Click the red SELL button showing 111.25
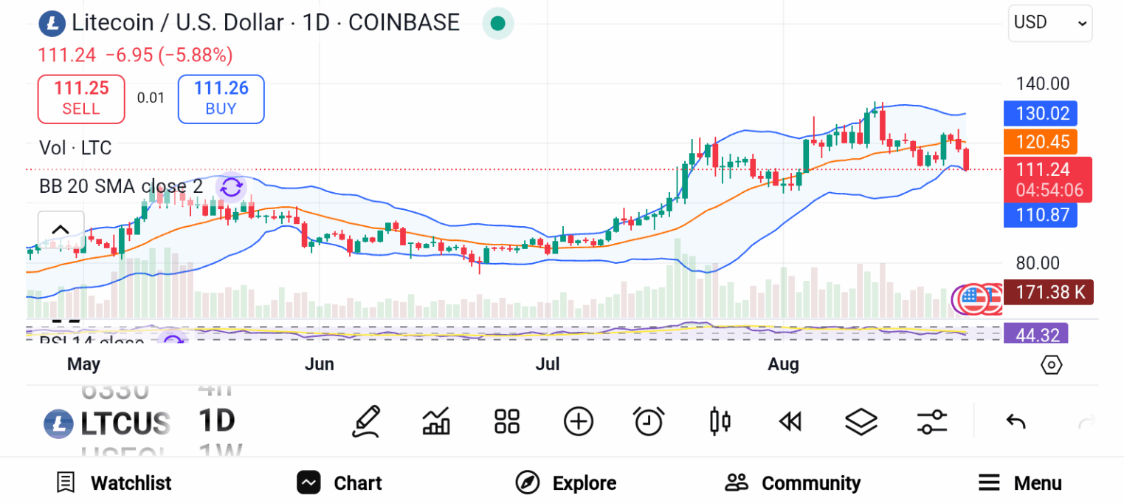point(81,98)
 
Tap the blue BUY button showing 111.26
point(221,98)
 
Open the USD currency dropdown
point(1049,23)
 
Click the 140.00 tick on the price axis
point(1042,84)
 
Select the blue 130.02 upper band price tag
point(1041,114)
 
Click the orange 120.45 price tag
point(1041,142)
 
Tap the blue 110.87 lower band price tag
point(1041,215)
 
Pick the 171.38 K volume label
point(1050,293)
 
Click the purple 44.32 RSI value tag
point(1036,335)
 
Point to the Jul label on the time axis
point(548,364)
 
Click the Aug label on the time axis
point(783,364)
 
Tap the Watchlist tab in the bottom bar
point(114,483)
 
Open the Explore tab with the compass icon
point(566,483)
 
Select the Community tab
point(793,483)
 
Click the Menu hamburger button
point(1020,483)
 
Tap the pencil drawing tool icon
point(366,422)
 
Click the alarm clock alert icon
point(649,422)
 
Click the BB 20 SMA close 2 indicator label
point(121,186)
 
